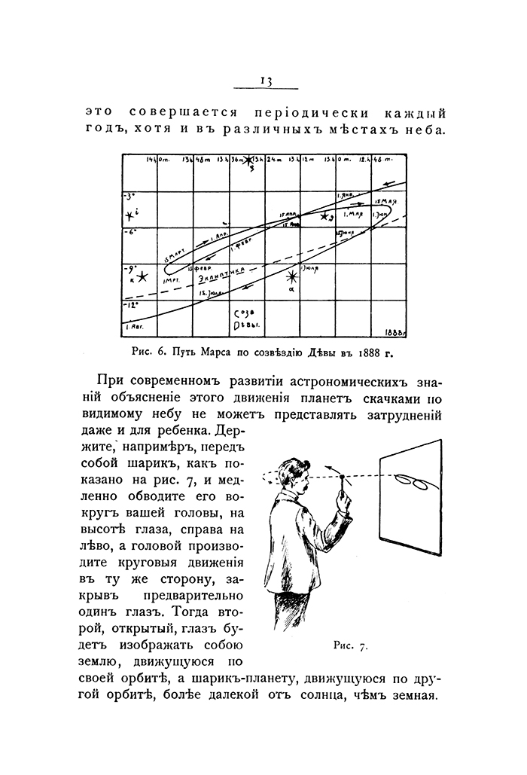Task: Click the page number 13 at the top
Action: click(264, 82)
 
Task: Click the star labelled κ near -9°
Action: click(139, 277)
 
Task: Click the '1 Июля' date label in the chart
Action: click(310, 266)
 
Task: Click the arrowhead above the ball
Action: click(329, 468)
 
